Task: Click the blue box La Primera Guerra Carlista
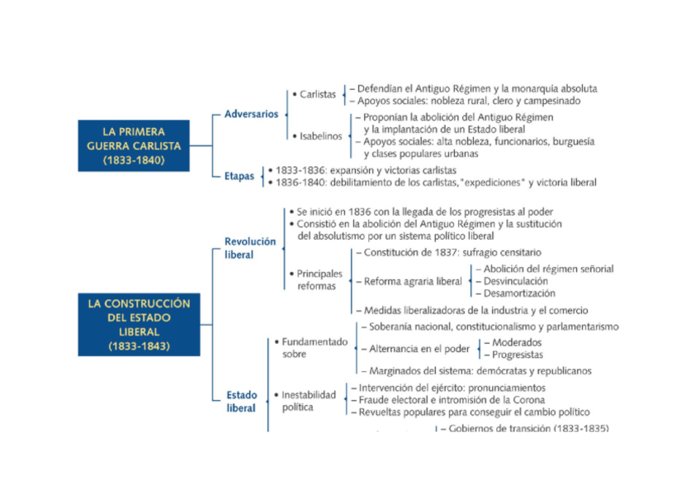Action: point(134,145)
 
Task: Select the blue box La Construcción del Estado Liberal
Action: point(139,325)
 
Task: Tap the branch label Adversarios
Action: point(251,114)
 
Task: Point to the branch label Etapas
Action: point(239,176)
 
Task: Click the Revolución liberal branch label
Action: point(250,248)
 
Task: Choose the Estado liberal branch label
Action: point(242,402)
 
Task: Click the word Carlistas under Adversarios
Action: point(318,95)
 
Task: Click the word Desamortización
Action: point(519,293)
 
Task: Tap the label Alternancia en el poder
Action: point(419,349)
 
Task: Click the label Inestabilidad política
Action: point(309,401)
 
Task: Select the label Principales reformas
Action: point(319,279)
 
